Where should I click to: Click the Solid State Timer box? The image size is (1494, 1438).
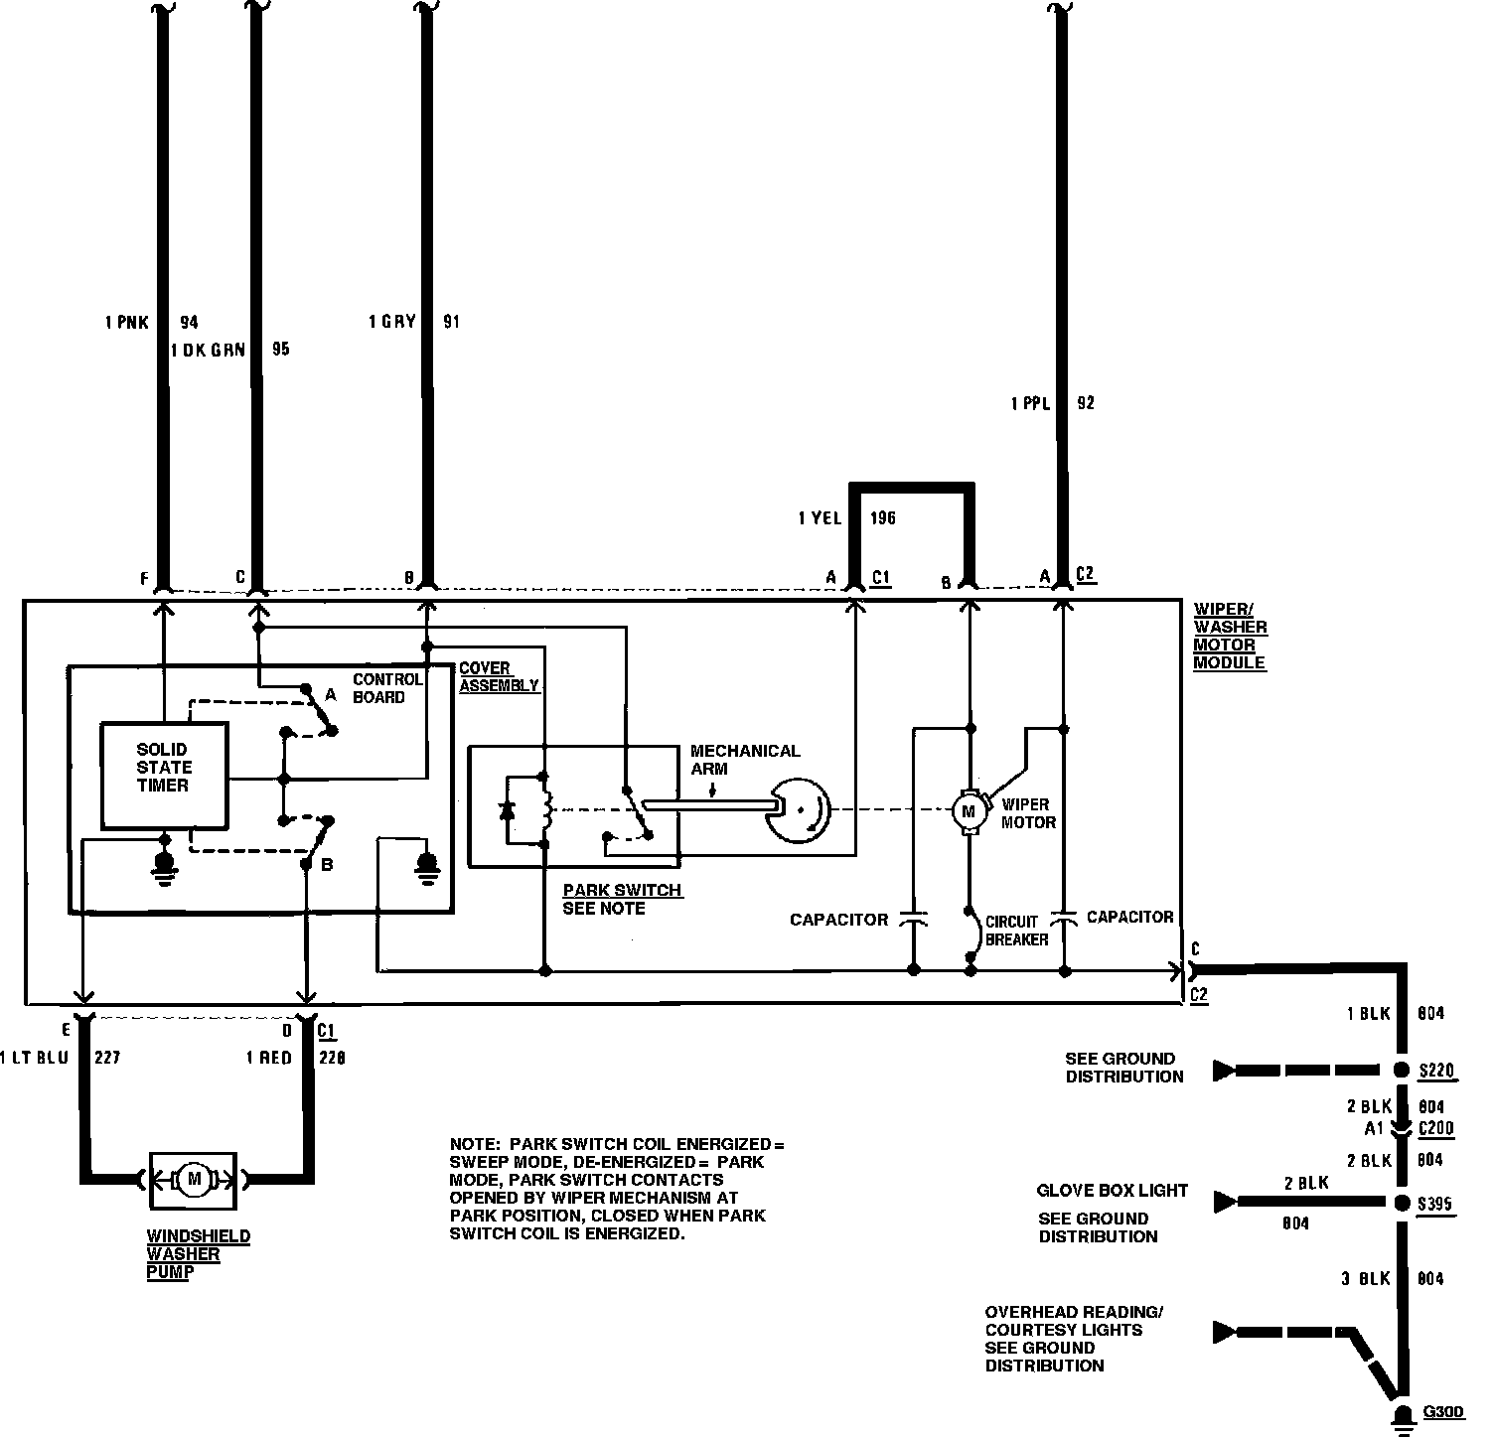coord(164,775)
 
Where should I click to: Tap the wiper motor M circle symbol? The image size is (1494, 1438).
coord(967,811)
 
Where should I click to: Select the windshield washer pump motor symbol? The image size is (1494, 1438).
coord(193,1180)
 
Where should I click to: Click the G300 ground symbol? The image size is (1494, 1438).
coord(1403,1416)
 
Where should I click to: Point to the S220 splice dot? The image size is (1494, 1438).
coord(1402,1071)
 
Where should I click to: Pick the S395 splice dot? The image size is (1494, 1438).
coord(1402,1204)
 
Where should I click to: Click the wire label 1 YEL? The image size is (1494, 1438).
coord(820,518)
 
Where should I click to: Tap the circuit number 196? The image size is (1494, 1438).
coord(882,518)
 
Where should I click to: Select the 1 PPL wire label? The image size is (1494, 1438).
coord(1030,404)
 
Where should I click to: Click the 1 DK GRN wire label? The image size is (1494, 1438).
coord(208,350)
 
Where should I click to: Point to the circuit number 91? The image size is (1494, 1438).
coord(451,322)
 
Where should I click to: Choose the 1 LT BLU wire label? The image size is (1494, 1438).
coord(36,1058)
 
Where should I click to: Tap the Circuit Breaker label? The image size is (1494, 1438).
coord(1016,931)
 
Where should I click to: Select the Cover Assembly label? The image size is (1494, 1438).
coord(499,677)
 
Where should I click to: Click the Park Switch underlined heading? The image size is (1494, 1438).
coord(622,890)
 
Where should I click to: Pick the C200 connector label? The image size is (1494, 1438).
coord(1435,1128)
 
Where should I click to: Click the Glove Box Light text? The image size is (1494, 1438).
coord(1112,1191)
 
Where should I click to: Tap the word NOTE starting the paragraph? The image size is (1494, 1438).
coord(473,1144)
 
